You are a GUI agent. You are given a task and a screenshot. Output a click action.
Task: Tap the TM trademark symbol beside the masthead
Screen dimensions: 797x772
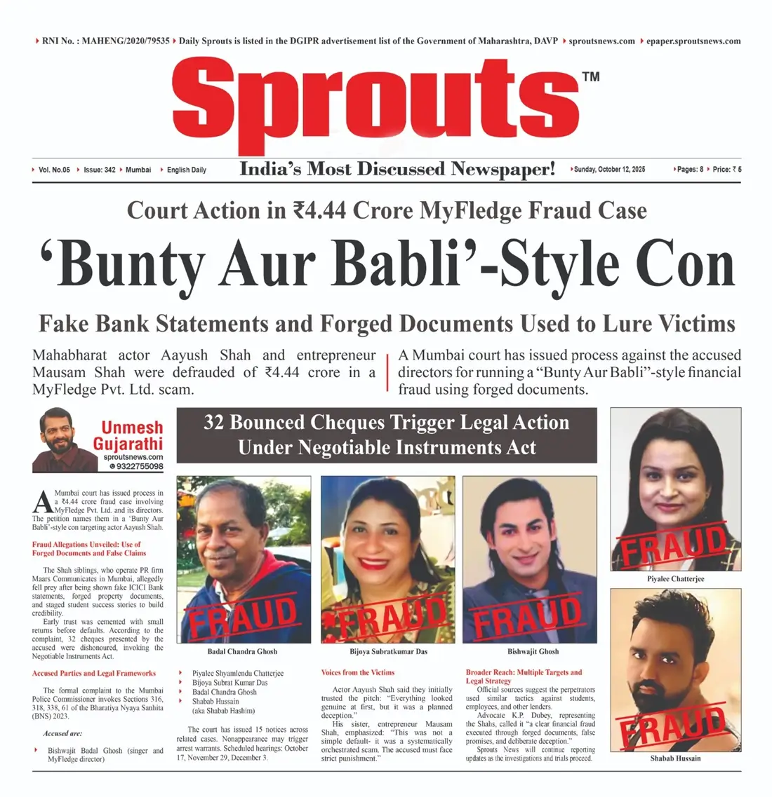(591, 76)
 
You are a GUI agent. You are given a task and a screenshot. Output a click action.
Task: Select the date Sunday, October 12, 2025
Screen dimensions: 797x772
(609, 170)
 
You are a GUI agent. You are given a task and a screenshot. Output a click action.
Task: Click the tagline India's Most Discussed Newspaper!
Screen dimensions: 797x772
(397, 169)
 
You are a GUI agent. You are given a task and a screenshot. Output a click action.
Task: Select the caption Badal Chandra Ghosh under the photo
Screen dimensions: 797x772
(242, 652)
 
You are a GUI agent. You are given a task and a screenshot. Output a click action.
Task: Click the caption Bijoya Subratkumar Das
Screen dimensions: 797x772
(387, 652)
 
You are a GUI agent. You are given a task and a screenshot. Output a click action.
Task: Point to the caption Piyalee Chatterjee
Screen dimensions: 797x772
(675, 579)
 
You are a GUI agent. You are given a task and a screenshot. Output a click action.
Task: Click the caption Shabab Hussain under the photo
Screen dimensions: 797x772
(675, 758)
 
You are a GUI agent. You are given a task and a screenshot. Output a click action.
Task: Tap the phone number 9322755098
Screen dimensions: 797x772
(139, 466)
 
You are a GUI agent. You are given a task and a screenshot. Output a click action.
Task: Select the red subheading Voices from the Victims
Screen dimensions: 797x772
(358, 672)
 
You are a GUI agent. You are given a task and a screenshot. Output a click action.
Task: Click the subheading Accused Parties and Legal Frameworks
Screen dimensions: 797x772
(94, 673)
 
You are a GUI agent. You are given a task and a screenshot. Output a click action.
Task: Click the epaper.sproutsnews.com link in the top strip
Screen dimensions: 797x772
(693, 41)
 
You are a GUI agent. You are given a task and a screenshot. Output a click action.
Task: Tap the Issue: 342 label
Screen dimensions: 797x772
(99, 170)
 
